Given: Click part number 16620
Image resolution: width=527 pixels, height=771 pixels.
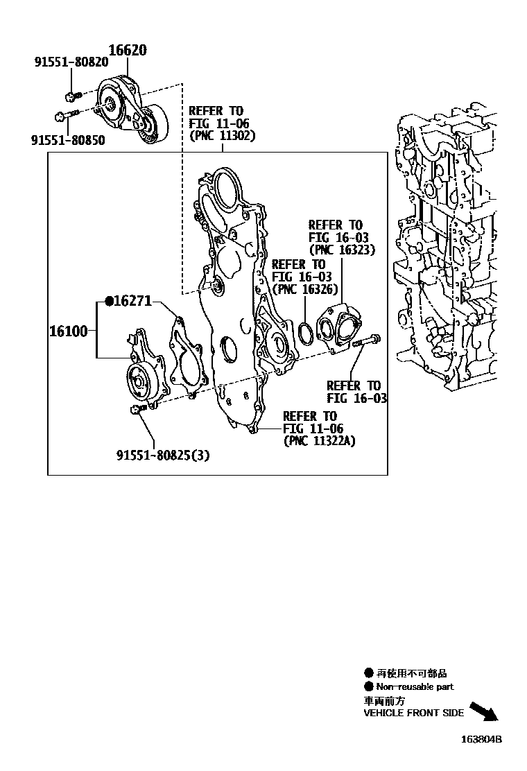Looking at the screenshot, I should pos(128,51).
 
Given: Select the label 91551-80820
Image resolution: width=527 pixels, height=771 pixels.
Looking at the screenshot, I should pos(71,62).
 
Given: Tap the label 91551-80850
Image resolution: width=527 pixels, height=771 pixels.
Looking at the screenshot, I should pos(67,140).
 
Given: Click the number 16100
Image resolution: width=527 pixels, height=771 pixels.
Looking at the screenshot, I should pos(68,331).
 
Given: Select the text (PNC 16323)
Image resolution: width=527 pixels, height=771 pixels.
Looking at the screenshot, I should pos(341,250).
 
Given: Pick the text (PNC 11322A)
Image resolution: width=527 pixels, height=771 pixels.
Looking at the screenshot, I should pos(322,441).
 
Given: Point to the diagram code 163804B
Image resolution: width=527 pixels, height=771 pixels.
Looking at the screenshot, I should pos(481,739).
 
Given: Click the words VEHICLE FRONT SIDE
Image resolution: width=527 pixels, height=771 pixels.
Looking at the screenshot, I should pos(414,713).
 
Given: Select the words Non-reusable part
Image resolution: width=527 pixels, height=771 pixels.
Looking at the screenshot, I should pos(415,686).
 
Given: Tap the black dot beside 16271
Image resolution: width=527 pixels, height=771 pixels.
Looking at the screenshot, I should pos(109,301).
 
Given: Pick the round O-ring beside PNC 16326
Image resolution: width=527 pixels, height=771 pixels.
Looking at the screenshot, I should pos(305,332).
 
